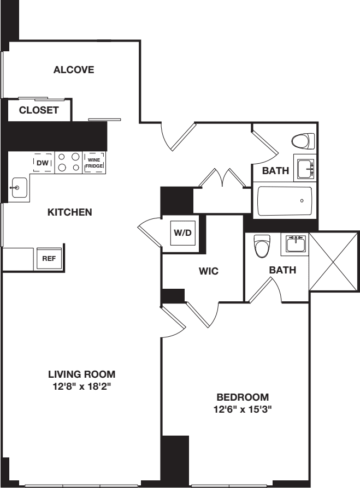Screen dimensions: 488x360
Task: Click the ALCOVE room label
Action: click(74, 70)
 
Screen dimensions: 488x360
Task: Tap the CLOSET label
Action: click(39, 110)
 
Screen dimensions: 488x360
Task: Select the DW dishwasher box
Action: click(43, 162)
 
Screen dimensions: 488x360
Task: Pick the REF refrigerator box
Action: click(49, 259)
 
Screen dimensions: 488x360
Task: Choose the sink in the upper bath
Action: click(305, 169)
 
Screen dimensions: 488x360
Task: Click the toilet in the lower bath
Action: click(263, 246)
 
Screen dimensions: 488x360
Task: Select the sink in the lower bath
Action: click(295, 243)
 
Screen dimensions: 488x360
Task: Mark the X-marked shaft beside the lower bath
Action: click(334, 261)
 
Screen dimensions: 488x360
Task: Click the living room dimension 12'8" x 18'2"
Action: click(82, 386)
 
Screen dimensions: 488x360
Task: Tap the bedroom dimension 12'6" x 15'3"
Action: click(243, 409)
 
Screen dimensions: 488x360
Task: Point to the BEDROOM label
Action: click(243, 397)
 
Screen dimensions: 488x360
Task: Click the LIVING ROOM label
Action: click(82, 374)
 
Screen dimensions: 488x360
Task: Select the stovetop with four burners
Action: click(68, 162)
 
